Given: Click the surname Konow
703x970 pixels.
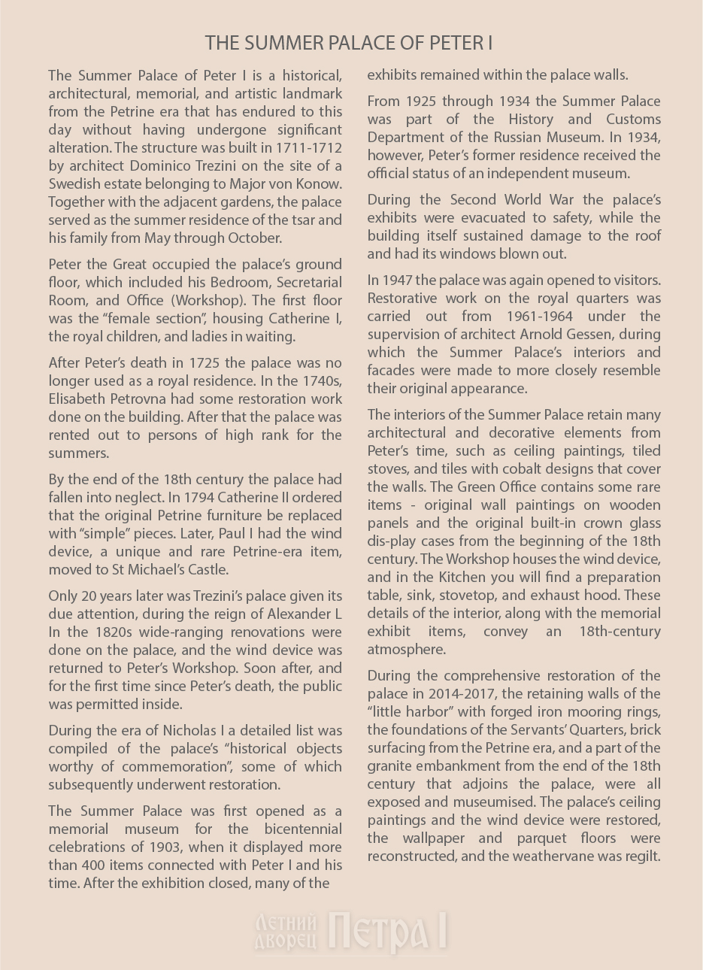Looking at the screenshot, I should pos(318,183).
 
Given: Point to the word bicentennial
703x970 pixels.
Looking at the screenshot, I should pos(301,829).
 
